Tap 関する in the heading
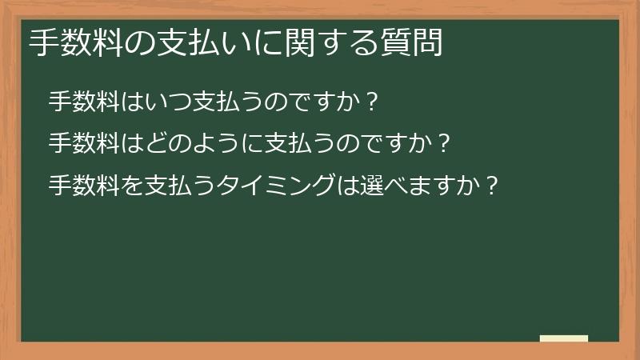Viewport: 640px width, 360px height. pos(332,42)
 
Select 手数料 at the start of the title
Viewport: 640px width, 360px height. pos(76,42)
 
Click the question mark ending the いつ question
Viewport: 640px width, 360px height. pos(371,102)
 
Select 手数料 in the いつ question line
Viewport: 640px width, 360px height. pos(84,102)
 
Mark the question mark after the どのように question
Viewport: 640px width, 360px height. pos(444,144)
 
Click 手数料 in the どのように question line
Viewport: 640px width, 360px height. pos(84,143)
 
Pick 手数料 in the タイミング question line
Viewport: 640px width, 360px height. pos(84,186)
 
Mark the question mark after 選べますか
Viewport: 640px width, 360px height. pos(493,186)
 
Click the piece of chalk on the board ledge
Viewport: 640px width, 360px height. pos(564,338)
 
